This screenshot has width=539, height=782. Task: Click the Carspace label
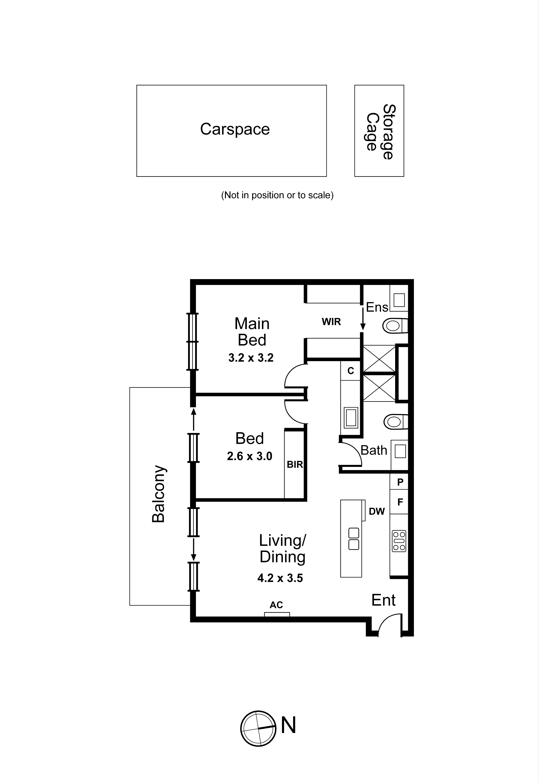click(235, 129)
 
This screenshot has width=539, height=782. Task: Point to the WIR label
click(331, 322)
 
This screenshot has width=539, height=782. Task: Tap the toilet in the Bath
click(395, 422)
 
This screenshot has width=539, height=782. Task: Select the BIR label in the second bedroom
click(295, 465)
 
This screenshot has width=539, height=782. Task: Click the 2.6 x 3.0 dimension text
click(250, 456)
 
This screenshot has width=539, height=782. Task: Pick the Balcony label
click(158, 494)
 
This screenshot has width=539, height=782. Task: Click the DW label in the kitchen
click(377, 511)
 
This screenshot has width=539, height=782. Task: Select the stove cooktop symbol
click(399, 541)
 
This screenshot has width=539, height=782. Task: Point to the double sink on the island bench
click(353, 539)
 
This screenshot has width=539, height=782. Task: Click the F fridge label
click(400, 502)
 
